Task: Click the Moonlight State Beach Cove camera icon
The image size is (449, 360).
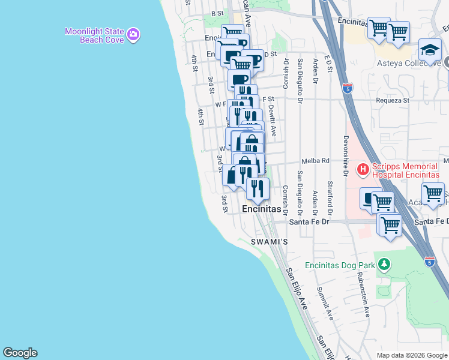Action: pos(133,35)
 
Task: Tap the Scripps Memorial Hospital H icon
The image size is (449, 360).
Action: pos(363,170)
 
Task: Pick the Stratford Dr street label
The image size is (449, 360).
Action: pos(330,198)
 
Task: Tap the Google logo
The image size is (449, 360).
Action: pos(20,353)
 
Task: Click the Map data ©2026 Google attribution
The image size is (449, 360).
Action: pos(412,355)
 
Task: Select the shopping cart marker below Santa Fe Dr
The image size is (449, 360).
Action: pos(390,226)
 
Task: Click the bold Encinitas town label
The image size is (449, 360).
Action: pos(262,209)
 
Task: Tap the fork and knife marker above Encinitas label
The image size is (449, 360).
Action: pos(258,189)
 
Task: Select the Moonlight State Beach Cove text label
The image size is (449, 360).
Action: pos(103,35)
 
